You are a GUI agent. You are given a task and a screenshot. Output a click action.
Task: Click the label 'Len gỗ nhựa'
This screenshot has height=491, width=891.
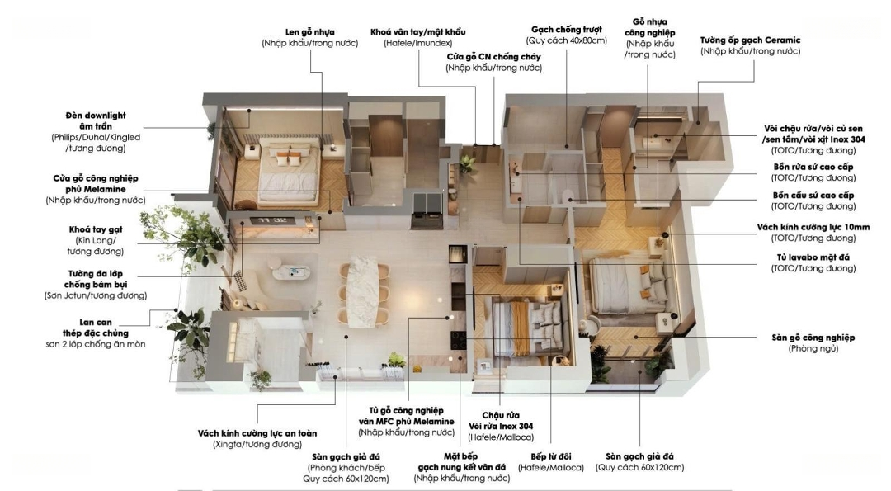309,32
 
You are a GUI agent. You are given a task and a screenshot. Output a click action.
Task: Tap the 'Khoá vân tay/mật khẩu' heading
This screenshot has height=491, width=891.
417,32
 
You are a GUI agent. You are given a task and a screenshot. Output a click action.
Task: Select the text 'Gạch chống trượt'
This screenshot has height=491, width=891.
567,30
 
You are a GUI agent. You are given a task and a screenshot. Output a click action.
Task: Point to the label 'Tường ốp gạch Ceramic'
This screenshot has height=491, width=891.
750,40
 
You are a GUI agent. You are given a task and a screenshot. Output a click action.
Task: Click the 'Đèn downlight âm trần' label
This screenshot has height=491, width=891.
96,120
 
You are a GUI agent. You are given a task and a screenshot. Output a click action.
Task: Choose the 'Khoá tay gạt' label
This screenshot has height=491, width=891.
96,229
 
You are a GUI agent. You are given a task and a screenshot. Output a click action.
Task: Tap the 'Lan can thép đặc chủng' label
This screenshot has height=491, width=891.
96,328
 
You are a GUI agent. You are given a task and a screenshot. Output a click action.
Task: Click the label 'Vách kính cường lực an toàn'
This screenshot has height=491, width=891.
257,433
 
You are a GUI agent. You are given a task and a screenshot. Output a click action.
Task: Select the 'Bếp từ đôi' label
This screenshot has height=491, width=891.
550,456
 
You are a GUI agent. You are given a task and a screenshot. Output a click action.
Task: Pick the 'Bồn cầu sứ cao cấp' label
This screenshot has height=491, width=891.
813,196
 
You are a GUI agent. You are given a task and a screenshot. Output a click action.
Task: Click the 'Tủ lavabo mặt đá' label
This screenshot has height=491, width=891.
813,257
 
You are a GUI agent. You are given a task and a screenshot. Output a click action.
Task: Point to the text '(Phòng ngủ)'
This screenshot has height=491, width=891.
813,348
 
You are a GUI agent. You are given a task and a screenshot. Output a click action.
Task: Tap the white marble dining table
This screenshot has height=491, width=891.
362,292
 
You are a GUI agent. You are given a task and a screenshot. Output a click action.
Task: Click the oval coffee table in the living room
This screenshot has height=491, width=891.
291,273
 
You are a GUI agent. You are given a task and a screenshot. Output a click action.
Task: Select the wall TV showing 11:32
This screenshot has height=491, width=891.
272,220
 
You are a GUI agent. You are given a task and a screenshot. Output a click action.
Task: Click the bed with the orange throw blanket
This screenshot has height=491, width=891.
526,328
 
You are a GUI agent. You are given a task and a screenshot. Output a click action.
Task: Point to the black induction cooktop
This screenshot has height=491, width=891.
459,340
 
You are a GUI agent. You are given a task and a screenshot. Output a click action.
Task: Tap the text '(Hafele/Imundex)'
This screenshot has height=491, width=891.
417,43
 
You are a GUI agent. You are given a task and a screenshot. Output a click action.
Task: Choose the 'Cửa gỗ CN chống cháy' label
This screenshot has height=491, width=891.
493,57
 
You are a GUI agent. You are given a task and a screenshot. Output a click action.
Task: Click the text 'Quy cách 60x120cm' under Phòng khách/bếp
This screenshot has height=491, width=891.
346,479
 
